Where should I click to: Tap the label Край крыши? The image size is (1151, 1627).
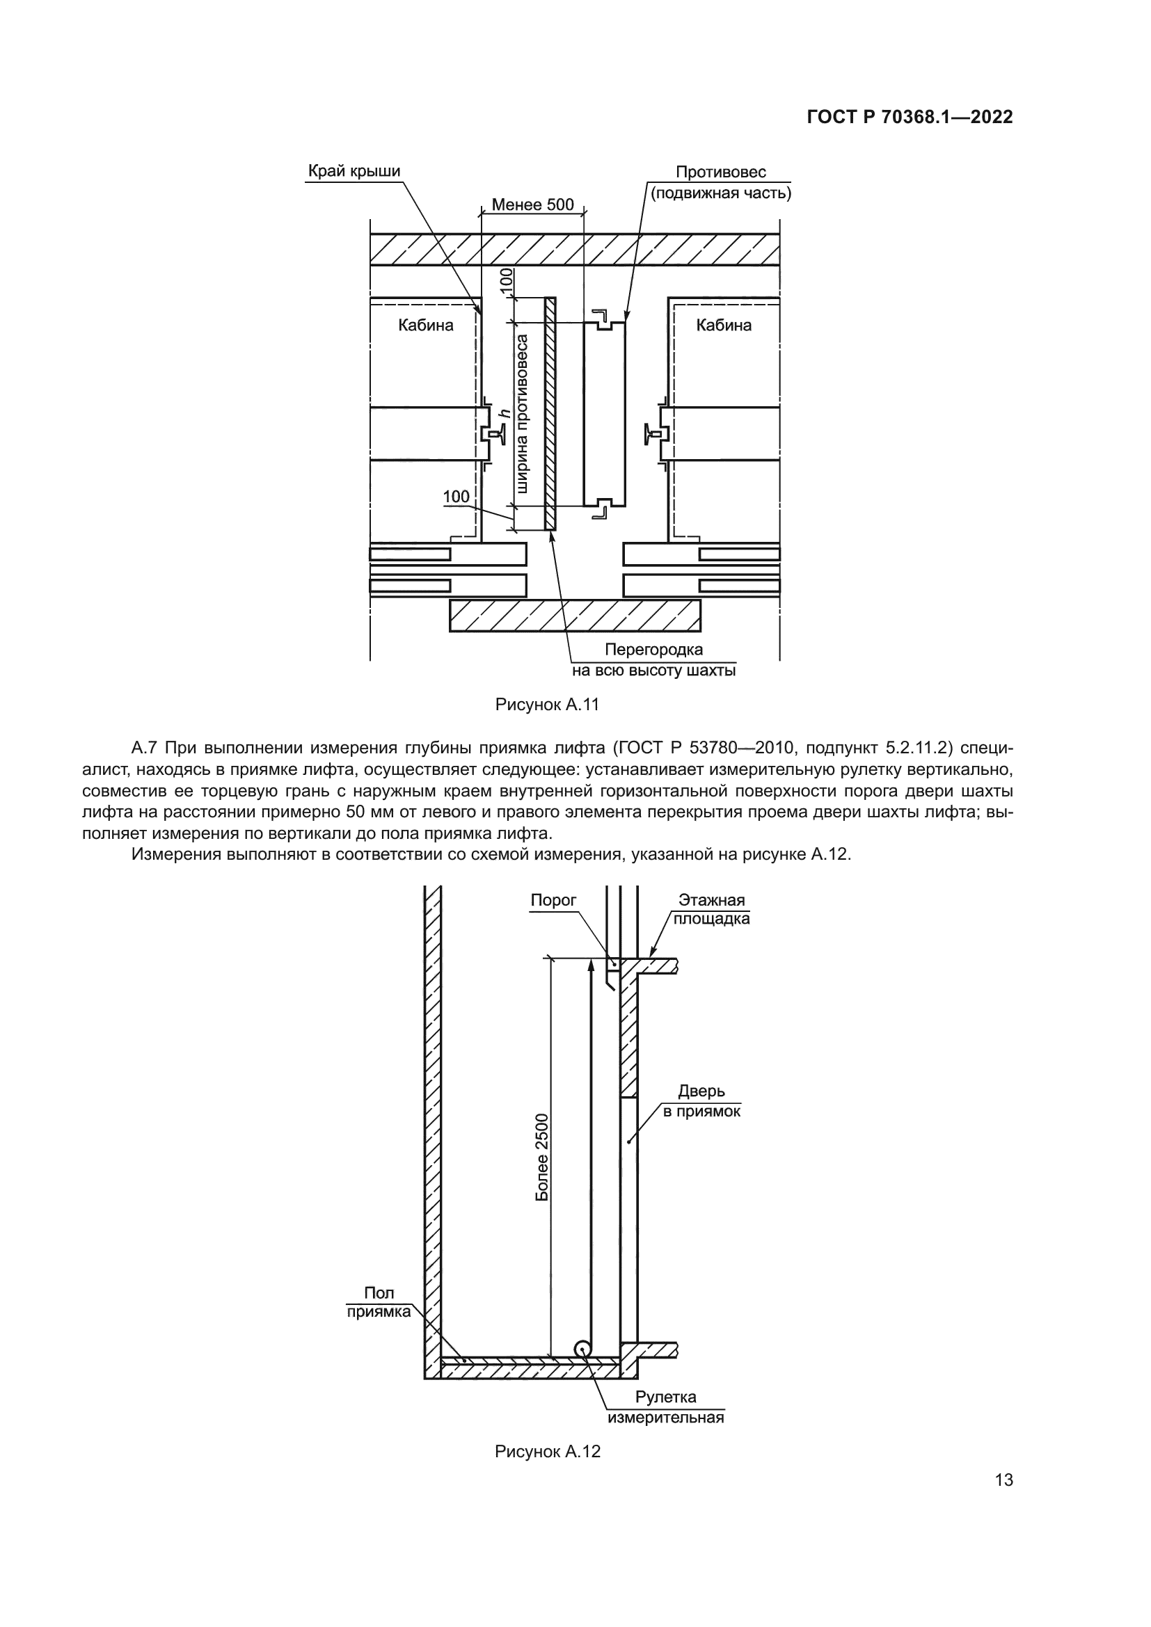354,172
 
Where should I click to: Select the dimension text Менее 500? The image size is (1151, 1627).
532,205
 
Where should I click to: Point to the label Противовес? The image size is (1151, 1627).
720,173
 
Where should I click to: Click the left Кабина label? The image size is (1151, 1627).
425,326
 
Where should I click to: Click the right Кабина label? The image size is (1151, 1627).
723,326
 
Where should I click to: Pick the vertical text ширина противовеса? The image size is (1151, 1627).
523,413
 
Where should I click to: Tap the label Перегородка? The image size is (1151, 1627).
653,650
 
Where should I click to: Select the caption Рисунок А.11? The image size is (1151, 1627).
547,705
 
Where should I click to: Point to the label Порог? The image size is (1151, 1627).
553,900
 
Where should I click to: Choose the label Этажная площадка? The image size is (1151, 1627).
711,909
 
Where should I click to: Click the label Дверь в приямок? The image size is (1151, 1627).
701,1100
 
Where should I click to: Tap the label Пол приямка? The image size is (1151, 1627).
379,1302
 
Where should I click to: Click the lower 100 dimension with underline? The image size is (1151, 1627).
457,497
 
